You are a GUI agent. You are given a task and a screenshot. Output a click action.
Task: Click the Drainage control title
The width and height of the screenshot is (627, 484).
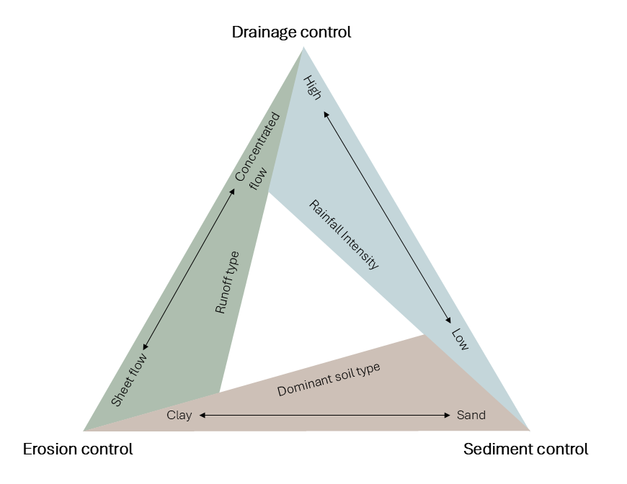[x=291, y=32]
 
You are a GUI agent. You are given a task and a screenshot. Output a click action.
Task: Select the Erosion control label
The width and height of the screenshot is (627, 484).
[x=78, y=449]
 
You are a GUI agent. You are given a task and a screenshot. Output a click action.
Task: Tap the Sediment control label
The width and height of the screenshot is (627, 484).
[x=525, y=449]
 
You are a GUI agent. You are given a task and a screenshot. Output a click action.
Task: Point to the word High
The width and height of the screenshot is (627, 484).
[x=312, y=87]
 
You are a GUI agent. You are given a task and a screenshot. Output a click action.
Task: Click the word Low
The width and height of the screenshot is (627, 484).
[x=460, y=340]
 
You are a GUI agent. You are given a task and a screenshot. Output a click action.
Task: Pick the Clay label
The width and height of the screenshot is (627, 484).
[x=179, y=415]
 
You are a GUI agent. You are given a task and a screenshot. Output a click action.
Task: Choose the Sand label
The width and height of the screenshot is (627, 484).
[x=471, y=415]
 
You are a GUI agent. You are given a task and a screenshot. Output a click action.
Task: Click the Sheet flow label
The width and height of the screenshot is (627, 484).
[x=130, y=380]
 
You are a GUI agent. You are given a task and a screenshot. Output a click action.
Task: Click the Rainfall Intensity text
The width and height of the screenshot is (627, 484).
[x=344, y=234]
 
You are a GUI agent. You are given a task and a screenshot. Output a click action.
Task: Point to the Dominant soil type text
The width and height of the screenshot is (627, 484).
[x=329, y=380]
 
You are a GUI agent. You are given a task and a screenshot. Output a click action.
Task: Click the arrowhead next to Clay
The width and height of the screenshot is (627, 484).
[x=203, y=416]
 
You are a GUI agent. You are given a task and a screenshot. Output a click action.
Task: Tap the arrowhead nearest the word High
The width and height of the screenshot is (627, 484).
[x=325, y=114]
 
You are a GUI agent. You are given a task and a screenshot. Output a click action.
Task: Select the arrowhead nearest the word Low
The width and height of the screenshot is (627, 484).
[x=449, y=321]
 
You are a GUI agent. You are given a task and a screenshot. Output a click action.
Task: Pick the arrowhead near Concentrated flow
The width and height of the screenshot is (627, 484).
[x=233, y=190]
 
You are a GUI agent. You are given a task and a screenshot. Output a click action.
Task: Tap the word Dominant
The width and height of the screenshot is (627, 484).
[x=302, y=387]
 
